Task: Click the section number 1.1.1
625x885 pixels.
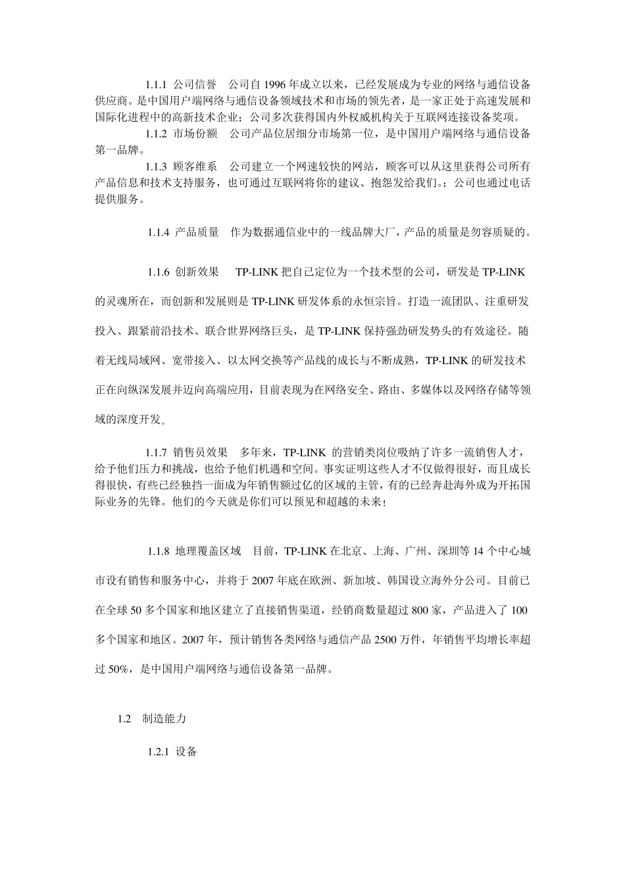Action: pos(156,85)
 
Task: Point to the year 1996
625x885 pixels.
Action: pos(274,85)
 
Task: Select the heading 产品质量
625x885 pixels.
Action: pos(197,232)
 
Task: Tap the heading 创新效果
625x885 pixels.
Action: pos(197,272)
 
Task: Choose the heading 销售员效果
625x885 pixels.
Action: pos(200,452)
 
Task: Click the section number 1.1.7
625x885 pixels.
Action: pos(156,452)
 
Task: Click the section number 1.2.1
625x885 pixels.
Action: pos(159,751)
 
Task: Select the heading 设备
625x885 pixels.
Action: pos(187,751)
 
